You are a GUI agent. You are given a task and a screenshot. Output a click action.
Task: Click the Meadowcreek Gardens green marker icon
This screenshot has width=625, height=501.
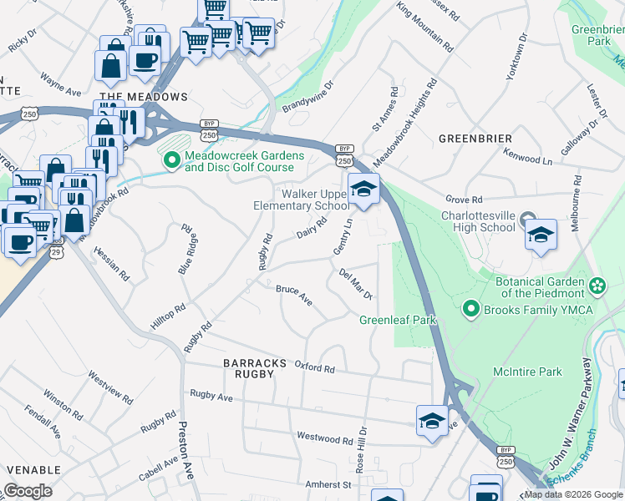click(x=173, y=159)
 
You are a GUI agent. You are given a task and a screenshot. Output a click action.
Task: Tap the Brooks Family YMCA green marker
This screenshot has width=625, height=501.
click(x=471, y=311)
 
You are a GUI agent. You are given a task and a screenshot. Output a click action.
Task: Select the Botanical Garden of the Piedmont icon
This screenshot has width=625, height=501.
click(x=597, y=286)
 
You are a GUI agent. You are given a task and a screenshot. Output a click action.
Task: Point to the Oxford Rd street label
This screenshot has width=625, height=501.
click(x=314, y=368)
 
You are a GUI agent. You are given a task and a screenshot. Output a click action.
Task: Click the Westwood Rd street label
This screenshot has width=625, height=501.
click(x=325, y=438)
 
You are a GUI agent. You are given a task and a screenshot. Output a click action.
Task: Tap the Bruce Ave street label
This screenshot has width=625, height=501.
click(x=294, y=296)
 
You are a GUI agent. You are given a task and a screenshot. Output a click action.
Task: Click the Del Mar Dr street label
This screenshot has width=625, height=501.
click(x=355, y=284)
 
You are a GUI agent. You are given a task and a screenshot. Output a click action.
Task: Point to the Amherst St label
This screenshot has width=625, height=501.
click(x=326, y=484)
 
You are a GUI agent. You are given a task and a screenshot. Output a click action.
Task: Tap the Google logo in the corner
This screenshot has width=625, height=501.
click(x=28, y=491)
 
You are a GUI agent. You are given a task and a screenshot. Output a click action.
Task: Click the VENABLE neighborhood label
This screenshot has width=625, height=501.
click(x=30, y=471)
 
